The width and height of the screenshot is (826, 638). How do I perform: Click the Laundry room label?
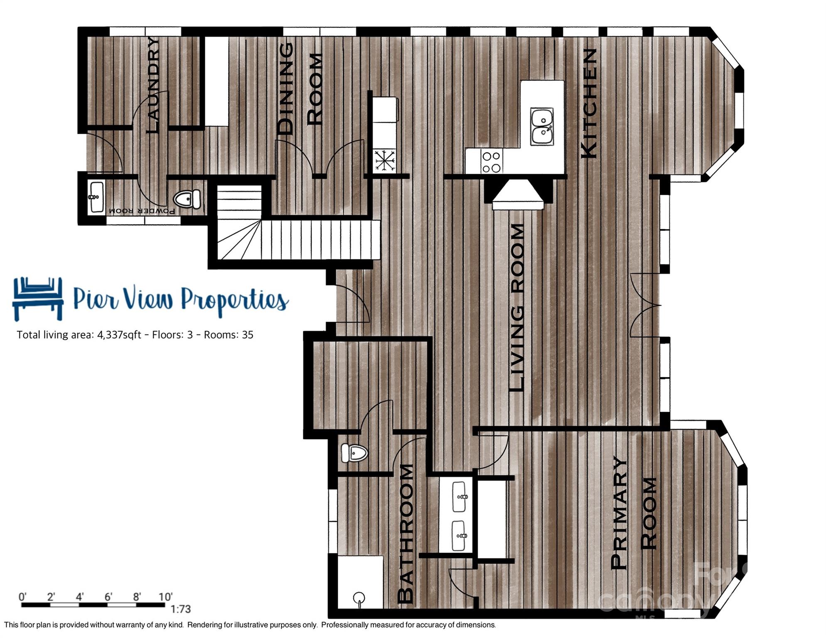152,85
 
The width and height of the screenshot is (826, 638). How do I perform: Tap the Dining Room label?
300,89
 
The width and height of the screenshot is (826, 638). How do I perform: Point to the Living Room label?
517,307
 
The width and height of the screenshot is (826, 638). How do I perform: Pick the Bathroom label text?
406,534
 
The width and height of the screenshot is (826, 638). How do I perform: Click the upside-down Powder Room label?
142,211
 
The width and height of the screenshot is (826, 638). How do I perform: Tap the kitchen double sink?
542,126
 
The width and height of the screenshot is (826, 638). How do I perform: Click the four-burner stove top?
491,162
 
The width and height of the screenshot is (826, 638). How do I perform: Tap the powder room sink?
96,197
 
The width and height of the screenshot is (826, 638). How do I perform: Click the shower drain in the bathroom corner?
359,598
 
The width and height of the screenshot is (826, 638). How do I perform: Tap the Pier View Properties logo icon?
38,298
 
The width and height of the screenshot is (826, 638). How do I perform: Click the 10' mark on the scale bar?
165,597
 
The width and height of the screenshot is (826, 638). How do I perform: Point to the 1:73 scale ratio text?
181,609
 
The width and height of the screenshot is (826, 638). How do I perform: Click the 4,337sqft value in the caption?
119,335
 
